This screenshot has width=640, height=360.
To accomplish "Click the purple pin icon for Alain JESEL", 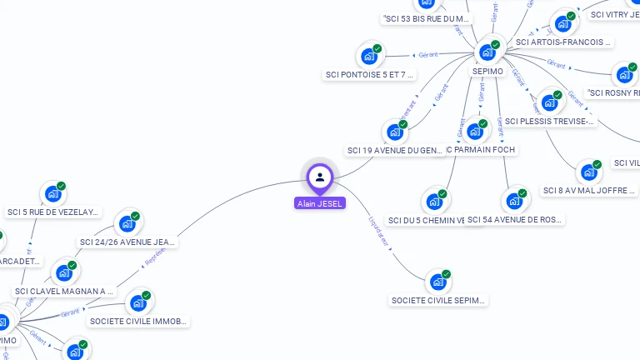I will click(320, 177).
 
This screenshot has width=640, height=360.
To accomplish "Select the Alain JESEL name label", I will click(320, 203).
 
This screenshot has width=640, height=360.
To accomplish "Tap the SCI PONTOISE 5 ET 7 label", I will click(370, 75).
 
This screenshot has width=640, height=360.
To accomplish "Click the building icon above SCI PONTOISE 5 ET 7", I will click(369, 57).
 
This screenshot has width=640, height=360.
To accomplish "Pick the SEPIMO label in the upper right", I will click(487, 72).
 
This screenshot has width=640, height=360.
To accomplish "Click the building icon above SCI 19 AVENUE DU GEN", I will click(395, 132).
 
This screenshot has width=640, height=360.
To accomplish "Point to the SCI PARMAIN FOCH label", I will click(482, 150).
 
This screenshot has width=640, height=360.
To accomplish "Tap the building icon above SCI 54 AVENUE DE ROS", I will click(514, 201).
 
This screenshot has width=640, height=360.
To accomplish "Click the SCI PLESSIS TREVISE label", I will click(550, 122).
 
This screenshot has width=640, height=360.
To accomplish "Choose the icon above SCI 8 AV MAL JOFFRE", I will click(589, 172).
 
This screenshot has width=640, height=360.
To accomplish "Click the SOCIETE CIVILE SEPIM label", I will click(438, 300).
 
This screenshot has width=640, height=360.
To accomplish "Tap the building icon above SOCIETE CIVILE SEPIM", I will click(437, 282).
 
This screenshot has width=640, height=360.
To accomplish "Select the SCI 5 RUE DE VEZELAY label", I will click(52, 212).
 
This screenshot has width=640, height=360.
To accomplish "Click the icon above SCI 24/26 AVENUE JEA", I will click(127, 223).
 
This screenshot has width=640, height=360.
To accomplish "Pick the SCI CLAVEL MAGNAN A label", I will click(64, 292).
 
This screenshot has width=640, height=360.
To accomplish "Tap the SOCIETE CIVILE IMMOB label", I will click(139, 321).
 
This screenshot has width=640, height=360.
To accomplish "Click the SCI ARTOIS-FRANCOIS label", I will click(563, 42).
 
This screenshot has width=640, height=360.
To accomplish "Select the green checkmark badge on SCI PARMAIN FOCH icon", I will click(483, 124).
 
